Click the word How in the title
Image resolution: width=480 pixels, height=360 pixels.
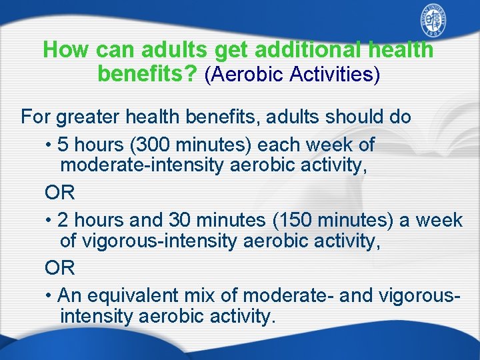(66, 49)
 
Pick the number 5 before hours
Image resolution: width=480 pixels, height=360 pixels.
(62, 145)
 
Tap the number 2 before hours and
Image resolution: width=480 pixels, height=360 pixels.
(62, 220)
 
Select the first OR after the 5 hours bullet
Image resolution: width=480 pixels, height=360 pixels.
(59, 193)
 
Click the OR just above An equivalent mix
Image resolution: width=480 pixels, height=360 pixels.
(59, 268)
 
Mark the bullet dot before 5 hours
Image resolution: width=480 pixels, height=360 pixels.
(49, 145)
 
